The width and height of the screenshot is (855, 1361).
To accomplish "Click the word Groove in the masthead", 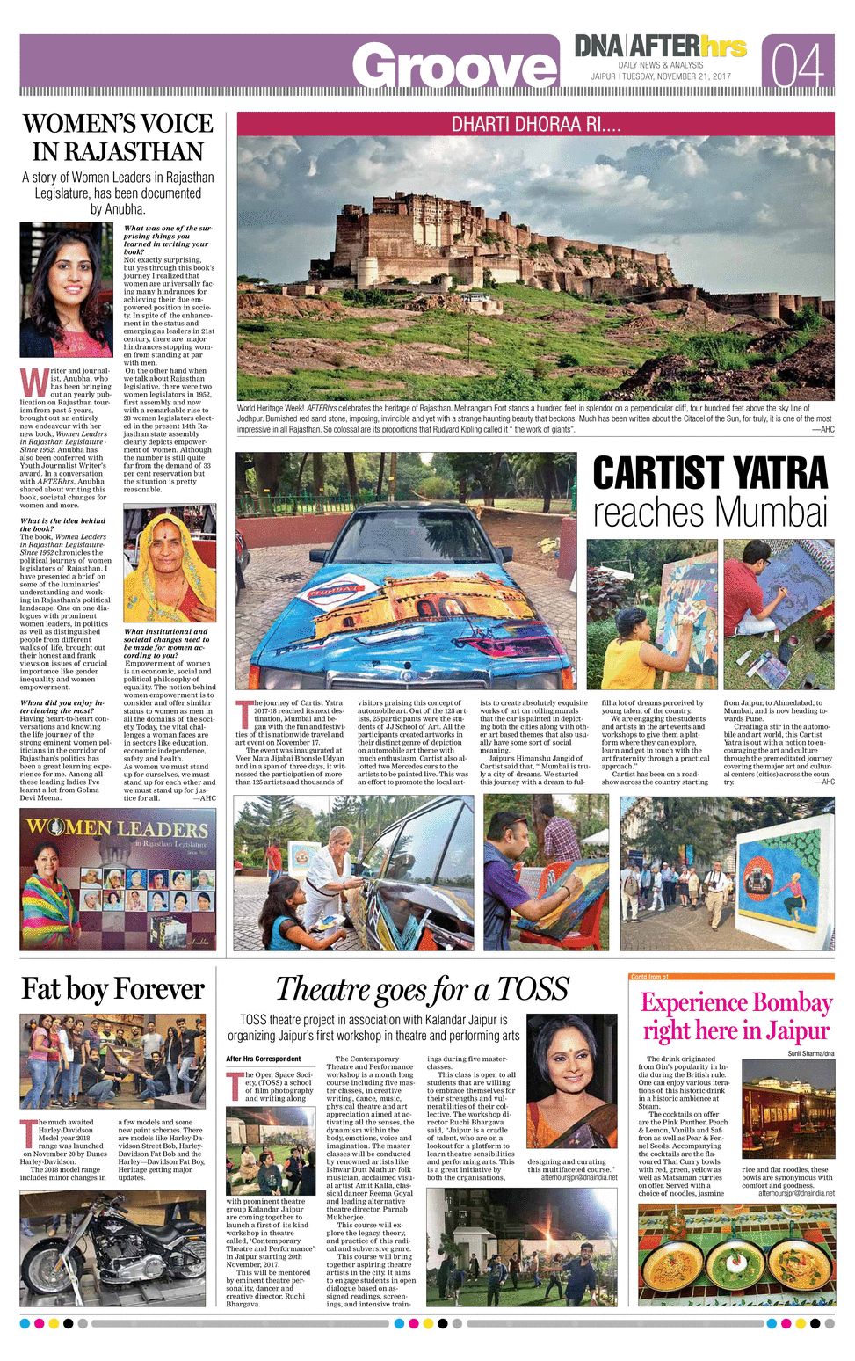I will pyautogui.click(x=454, y=67).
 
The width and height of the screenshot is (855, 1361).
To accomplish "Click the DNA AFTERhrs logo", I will pyautogui.click(x=661, y=46).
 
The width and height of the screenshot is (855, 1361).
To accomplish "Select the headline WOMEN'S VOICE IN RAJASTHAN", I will pyautogui.click(x=117, y=137).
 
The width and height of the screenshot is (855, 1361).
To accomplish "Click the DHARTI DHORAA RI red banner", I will pyautogui.click(x=535, y=124).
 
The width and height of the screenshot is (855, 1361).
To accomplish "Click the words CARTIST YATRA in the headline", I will pyautogui.click(x=709, y=473).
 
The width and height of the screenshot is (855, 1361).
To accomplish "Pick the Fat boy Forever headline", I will pyautogui.click(x=112, y=988).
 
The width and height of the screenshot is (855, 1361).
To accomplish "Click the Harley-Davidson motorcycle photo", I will pyautogui.click(x=112, y=1248).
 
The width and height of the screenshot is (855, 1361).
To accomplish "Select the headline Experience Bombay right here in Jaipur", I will pyautogui.click(x=735, y=1016).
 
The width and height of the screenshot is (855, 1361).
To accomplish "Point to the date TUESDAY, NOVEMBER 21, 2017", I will pyautogui.click(x=677, y=76).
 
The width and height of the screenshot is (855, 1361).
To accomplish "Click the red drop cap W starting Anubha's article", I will pyautogui.click(x=29, y=380).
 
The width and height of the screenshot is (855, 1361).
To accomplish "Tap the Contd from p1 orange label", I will pyautogui.click(x=649, y=977).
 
